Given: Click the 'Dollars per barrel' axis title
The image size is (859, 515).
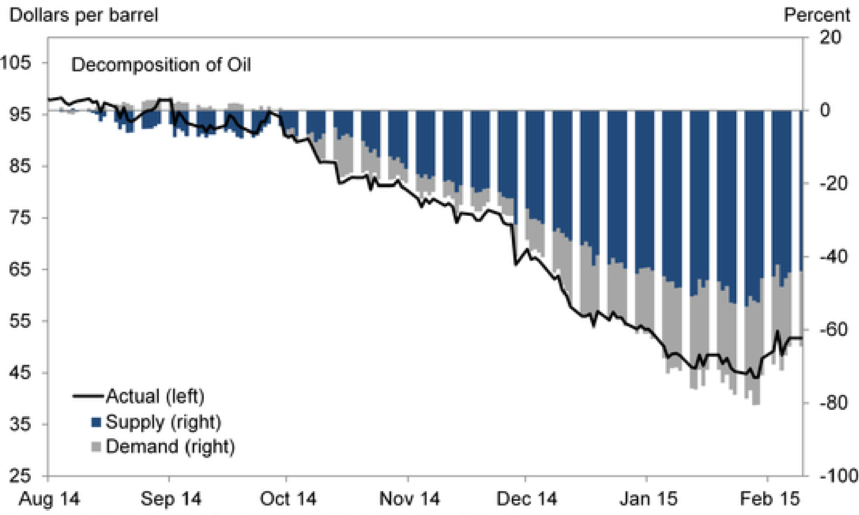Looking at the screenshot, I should click(84, 15).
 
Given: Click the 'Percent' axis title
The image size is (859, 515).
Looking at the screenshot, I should click(817, 15).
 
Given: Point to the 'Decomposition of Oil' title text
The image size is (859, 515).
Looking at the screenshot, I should click(161, 65).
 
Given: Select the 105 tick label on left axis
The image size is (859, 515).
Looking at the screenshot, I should click(16, 62).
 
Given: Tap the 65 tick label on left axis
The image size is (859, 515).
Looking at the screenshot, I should click(20, 269).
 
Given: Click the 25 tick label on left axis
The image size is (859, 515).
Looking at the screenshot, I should click(20, 476).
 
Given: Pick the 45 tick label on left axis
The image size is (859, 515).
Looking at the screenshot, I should click(20, 373).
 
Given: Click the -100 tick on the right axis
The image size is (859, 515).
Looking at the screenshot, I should click(838, 476).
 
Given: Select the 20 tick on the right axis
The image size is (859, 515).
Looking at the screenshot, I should click(830, 37).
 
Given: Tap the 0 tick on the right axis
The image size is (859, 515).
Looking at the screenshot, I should click(825, 110).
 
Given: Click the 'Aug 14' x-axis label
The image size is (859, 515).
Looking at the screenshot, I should click(49, 499).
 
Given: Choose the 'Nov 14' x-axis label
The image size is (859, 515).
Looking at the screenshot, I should click(410, 499).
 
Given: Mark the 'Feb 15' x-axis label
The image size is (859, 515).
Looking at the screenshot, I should click(770, 499).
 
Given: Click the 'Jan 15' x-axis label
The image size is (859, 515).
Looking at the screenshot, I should click(648, 499).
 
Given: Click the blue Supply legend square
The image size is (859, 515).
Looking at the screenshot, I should click(96, 422).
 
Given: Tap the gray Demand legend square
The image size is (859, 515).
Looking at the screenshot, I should click(96, 447).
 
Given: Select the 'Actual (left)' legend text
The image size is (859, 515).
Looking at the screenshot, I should click(155, 396).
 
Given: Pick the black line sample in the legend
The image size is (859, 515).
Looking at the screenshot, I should click(88, 396).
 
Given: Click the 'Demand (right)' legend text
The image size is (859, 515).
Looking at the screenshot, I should click(170, 447).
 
